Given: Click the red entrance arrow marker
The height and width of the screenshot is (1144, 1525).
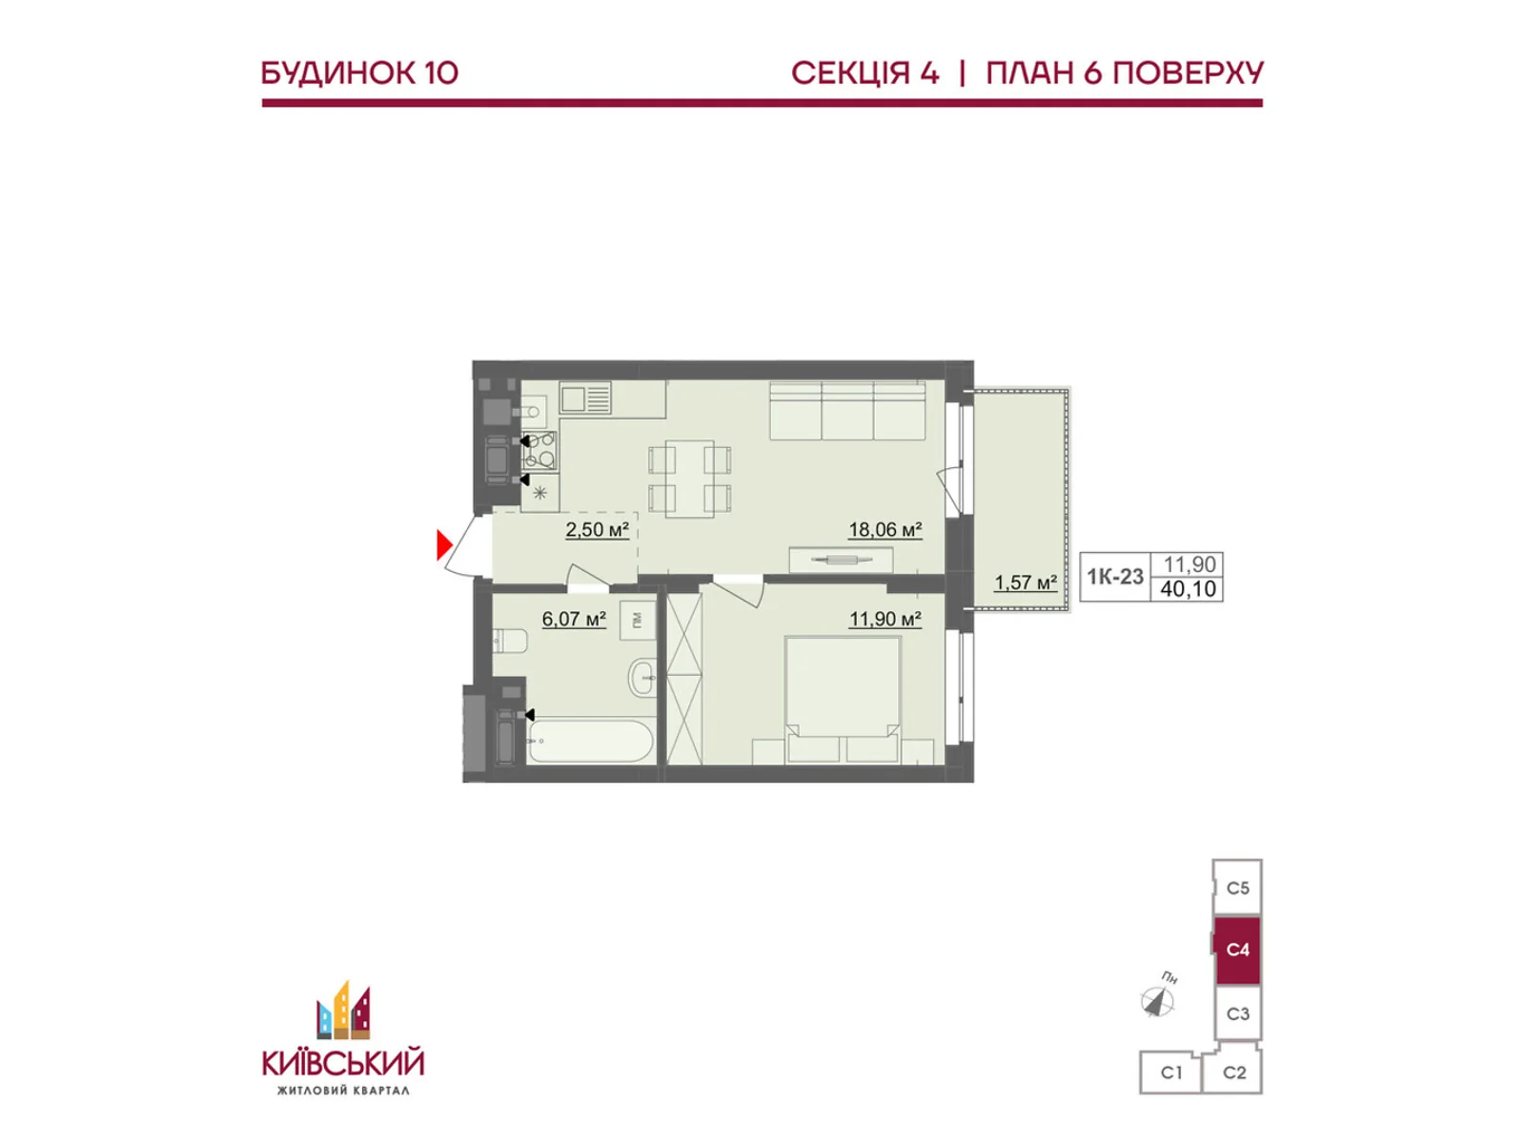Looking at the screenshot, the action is pos(444,543).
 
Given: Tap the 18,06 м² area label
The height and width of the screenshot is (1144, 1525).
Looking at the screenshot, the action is pos(884,530).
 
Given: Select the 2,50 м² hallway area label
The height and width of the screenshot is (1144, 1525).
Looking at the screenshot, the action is pos(597,530).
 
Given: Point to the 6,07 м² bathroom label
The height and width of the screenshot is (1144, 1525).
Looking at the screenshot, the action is pos(573,618).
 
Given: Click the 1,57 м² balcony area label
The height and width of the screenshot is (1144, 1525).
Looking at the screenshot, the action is pos(1025,582).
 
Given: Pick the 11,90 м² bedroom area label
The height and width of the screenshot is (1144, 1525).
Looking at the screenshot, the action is pos(884,618).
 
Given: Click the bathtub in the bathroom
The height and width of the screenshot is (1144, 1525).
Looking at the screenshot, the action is pos(590,741).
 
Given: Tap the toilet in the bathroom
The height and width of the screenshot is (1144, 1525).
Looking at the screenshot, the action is pos(510,640).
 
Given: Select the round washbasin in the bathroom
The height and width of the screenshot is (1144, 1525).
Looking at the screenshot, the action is pos(641,675).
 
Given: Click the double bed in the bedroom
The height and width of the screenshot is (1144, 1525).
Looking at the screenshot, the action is pos(843,699).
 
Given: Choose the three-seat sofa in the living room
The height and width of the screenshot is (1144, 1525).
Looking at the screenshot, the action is pos(847,411).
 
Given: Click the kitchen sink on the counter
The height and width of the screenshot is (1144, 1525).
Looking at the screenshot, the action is pos(585,398).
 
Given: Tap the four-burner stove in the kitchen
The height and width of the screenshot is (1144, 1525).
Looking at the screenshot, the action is pos(539,450).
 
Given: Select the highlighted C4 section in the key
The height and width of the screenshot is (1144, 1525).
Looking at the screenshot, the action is pos(1236,949).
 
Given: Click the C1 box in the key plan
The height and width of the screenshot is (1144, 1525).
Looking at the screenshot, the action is pos(1170,1072).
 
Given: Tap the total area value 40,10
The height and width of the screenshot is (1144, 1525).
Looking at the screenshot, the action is pos(1188,588).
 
